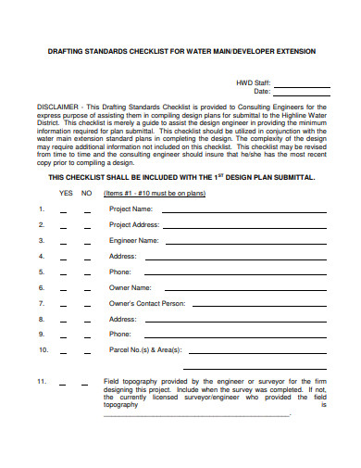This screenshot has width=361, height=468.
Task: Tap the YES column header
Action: (x=66, y=194)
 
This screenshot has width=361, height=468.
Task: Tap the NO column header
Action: (x=87, y=194)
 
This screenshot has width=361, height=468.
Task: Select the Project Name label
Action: (x=131, y=209)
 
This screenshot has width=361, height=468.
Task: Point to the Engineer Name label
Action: (x=133, y=240)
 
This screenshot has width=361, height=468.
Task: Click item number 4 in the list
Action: (x=41, y=256)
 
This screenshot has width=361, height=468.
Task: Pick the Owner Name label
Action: (x=129, y=287)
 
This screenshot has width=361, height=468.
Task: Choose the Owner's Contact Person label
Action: (x=146, y=303)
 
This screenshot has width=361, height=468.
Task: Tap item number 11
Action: (x=42, y=381)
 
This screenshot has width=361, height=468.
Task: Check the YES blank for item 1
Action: (x=65, y=211)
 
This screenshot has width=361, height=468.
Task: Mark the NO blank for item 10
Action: (x=87, y=352)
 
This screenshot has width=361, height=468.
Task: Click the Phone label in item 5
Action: (x=120, y=272)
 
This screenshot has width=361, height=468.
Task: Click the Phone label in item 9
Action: (x=120, y=334)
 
